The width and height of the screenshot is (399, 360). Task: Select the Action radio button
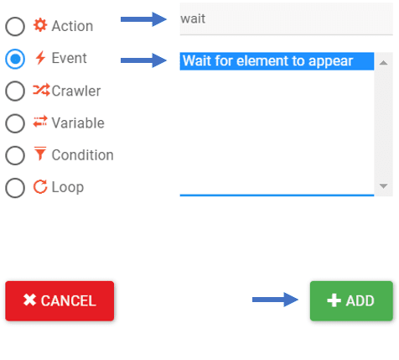[15, 27]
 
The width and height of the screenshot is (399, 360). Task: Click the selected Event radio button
[15, 59]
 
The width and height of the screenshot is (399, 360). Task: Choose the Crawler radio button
[15, 91]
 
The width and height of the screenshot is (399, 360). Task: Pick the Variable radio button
[15, 123]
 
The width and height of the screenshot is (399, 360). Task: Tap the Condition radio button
[15, 155]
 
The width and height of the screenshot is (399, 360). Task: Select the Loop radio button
[15, 187]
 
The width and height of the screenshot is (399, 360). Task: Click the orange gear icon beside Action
[40, 25]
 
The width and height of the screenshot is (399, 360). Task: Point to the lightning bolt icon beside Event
[40, 58]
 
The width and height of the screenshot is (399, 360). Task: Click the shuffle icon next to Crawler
[41, 90]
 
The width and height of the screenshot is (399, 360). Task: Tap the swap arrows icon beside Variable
[40, 122]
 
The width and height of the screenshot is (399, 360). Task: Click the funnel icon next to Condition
[40, 154]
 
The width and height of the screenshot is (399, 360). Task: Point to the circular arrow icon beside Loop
[40, 186]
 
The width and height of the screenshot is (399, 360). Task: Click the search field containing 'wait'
[286, 19]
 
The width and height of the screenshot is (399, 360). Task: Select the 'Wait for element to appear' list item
[277, 61]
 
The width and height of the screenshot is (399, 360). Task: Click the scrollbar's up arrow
[383, 63]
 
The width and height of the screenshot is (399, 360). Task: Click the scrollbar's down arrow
[383, 185]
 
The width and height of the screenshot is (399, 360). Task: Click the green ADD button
[351, 300]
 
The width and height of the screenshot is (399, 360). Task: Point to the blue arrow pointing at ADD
[275, 300]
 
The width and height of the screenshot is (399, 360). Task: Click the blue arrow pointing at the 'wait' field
[143, 19]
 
